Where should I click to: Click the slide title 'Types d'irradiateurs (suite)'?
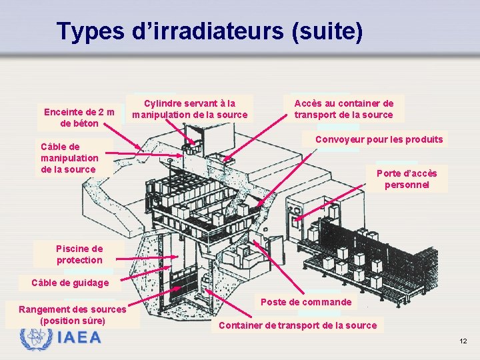[210, 31]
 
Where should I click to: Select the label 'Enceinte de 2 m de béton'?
[79, 117]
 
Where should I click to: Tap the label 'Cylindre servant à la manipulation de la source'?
[189, 109]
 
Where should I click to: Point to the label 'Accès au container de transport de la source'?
[344, 109]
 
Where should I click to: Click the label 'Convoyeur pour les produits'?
[379, 139]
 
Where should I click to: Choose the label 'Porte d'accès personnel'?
[407, 179]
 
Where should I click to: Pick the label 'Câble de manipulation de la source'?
[69, 158]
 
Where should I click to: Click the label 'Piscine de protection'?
[79, 255]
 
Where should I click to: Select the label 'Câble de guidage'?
[69, 283]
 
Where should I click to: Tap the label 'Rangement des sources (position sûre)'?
[72, 315]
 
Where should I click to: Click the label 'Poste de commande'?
[306, 302]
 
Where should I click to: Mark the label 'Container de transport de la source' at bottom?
[297, 325]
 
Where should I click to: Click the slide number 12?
[463, 341]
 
